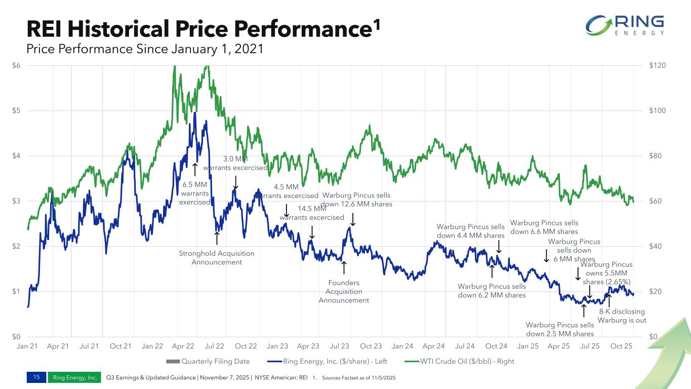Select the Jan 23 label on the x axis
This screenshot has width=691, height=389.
coord(277,346)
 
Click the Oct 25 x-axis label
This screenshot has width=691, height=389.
coord(621,346)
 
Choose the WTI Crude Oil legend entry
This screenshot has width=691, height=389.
coord(461,362)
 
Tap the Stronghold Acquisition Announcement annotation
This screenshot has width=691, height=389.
coord(217,257)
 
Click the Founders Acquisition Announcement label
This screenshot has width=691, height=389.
coord(344,291)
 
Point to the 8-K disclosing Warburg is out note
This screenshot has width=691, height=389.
coord(622,316)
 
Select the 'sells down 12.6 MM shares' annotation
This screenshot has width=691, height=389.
coord(357,200)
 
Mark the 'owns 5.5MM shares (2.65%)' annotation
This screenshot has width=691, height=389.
coord(606,273)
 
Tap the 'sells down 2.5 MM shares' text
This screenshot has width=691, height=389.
coord(559,329)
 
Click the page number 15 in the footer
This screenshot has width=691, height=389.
coord(36,377)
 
